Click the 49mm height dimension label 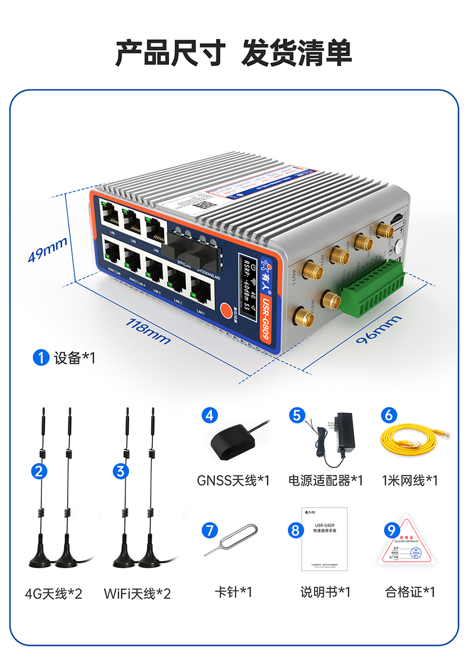click(47, 249)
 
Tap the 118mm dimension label click(148, 330)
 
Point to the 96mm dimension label click(378, 330)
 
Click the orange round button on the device click(227, 310)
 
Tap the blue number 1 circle click(40, 357)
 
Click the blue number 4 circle click(210, 415)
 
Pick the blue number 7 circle click(210, 530)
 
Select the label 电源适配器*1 click(326, 480)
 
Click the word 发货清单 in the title click(297, 52)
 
